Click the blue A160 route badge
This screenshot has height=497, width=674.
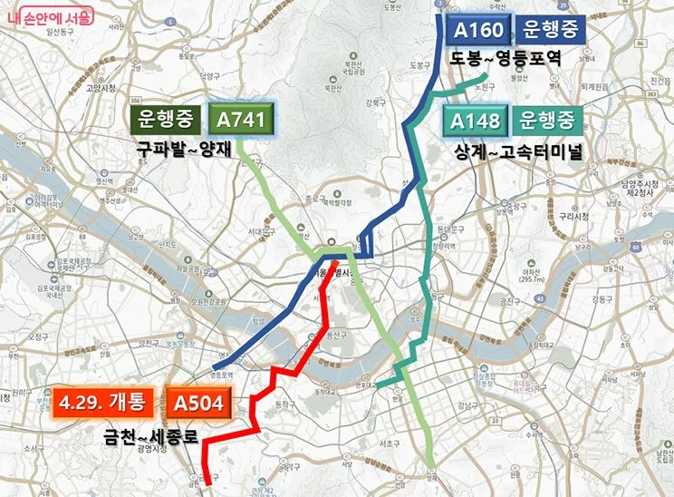(x=478, y=30)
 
